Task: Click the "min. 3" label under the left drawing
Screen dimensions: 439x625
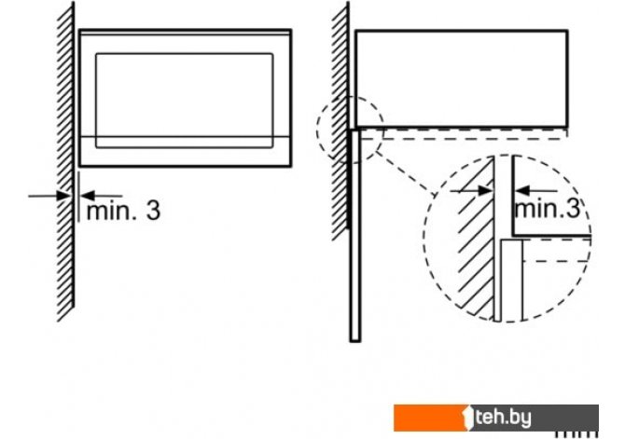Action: pyautogui.click(x=122, y=211)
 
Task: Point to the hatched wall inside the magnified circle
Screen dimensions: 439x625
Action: pyautogui.click(x=477, y=242)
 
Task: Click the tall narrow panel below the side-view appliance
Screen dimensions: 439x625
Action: pyautogui.click(x=354, y=233)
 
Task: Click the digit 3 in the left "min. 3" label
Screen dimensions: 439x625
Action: pyautogui.click(x=152, y=211)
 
